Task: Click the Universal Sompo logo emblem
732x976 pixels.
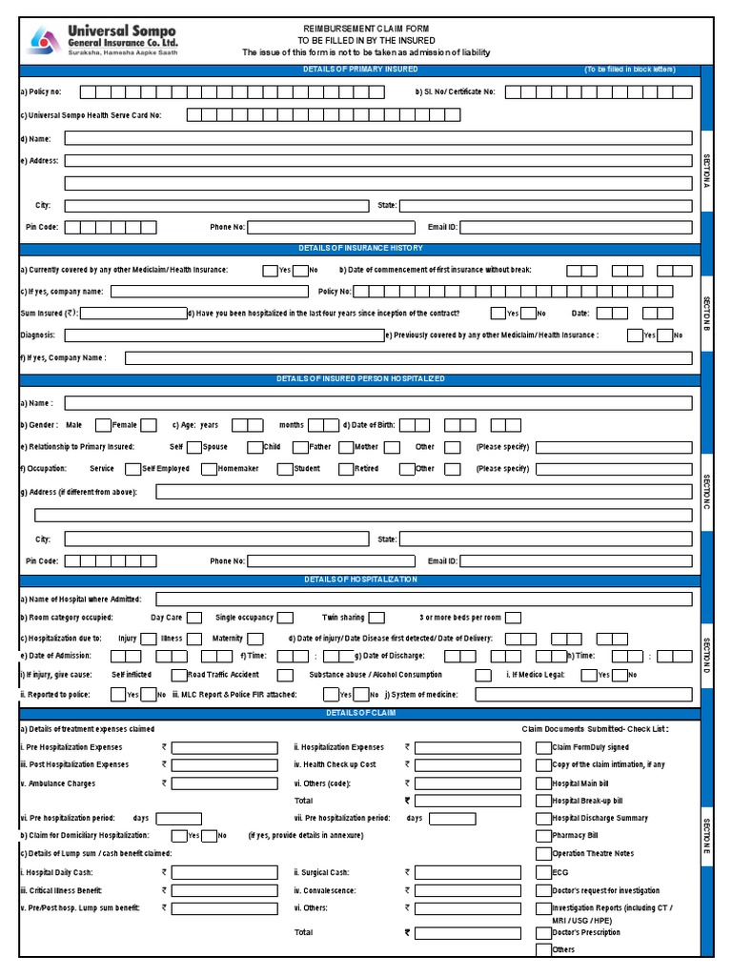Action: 41,40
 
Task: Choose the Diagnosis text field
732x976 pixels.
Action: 224,335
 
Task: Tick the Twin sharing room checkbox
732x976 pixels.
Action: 376,618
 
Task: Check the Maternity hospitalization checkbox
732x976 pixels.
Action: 254,639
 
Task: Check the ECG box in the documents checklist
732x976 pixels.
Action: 543,872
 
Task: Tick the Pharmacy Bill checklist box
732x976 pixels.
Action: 543,836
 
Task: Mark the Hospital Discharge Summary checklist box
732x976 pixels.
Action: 543,819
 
